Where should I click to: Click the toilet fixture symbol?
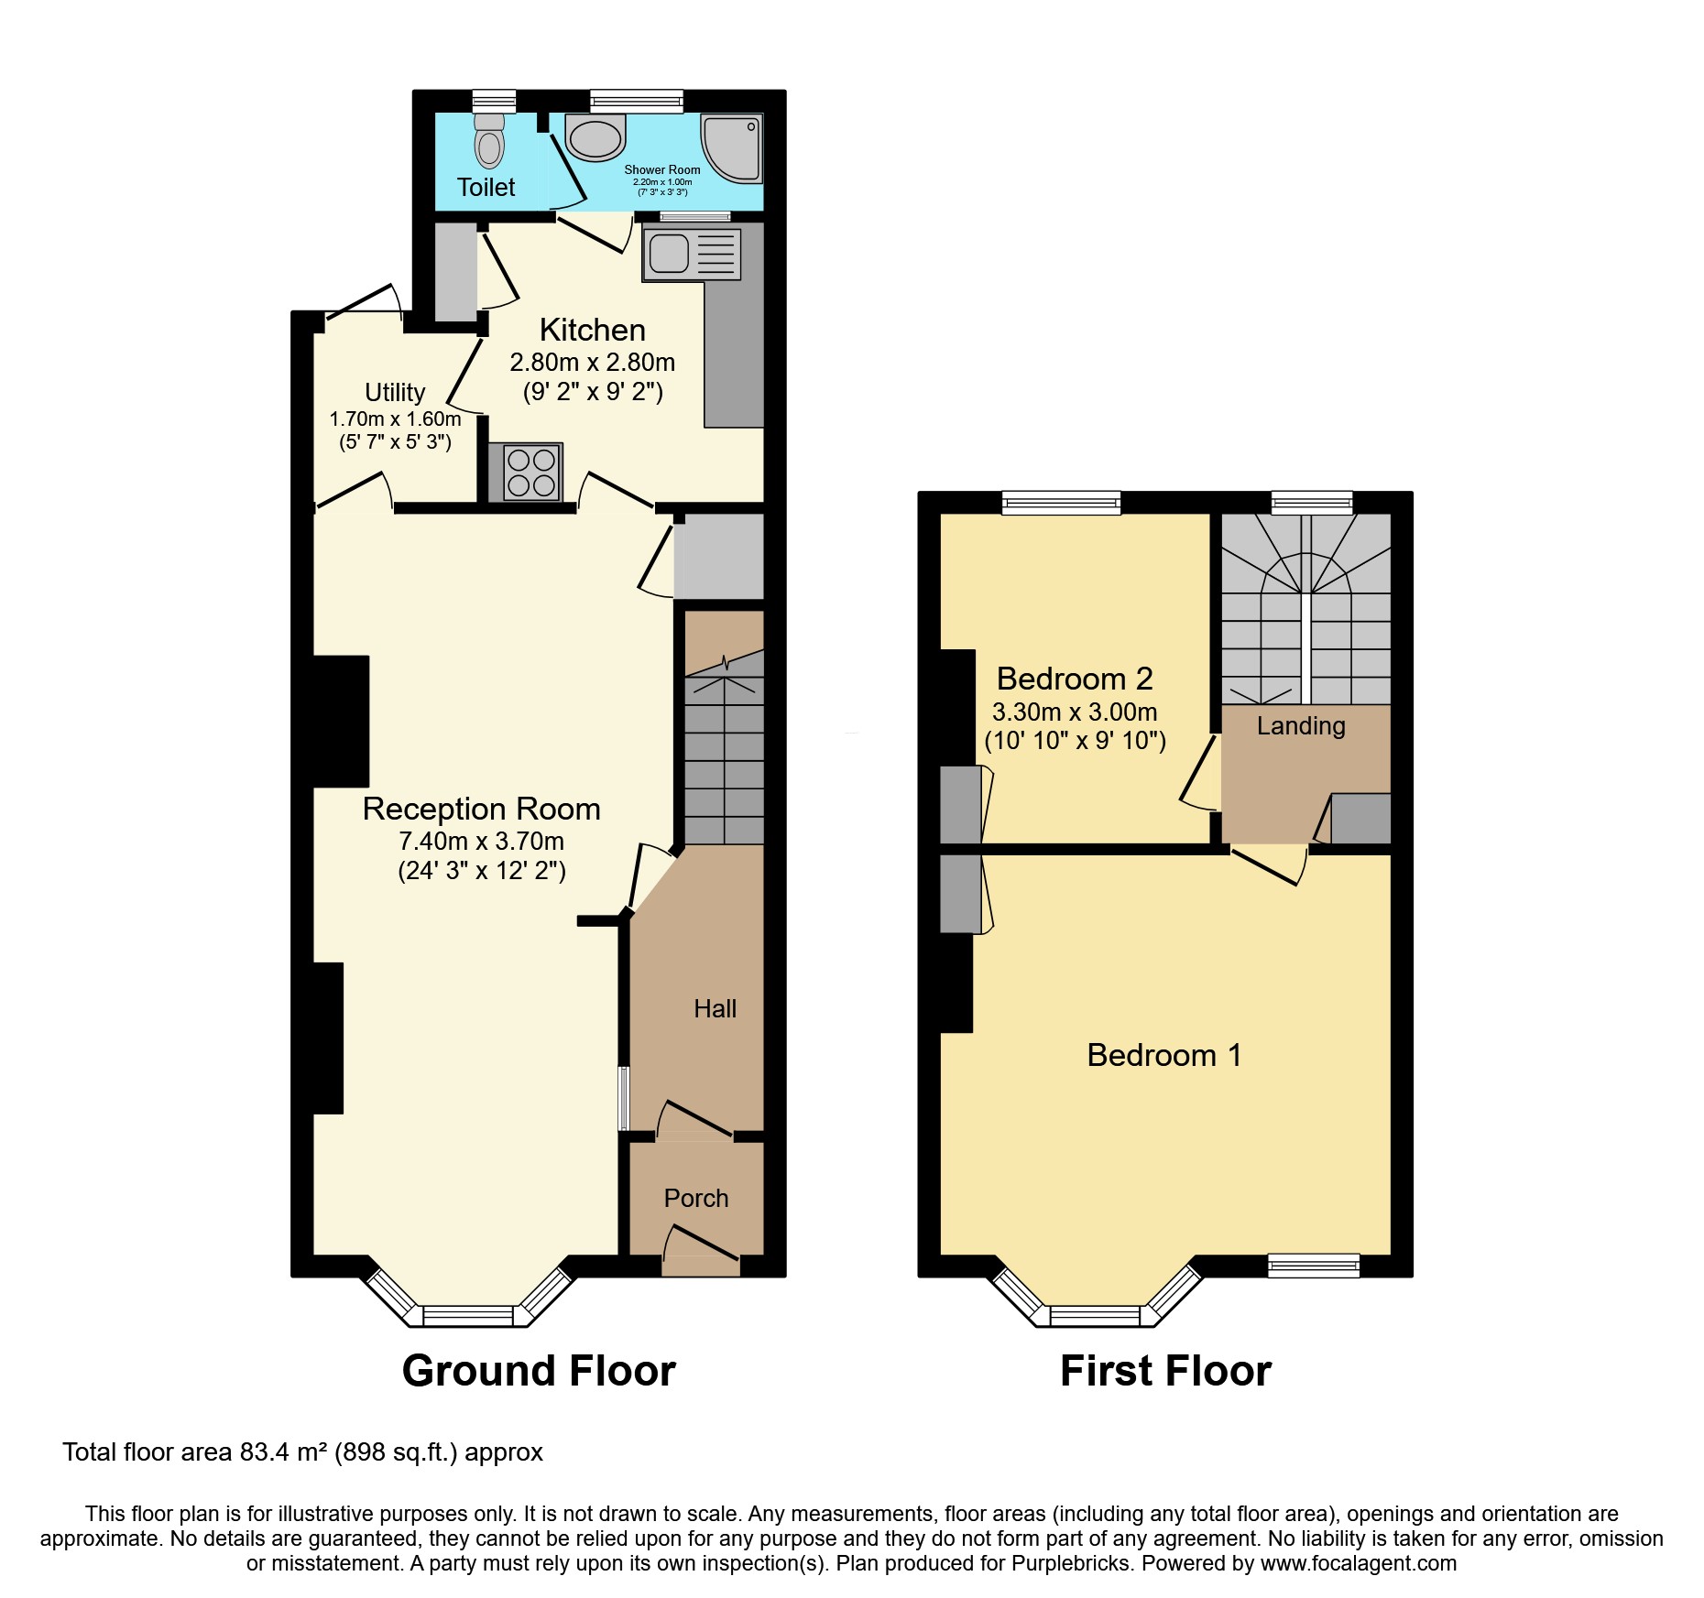[x=489, y=142]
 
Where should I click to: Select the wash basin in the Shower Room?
[x=595, y=138]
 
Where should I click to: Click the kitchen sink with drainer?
[x=691, y=254]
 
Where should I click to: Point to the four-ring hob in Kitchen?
[x=531, y=472]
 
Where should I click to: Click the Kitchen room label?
[x=592, y=330]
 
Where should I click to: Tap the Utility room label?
[x=395, y=392]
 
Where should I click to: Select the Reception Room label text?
[x=481, y=809]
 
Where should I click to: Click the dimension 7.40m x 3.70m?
[x=481, y=841]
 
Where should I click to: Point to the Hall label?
[x=715, y=1008]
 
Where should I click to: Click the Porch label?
[x=696, y=1198]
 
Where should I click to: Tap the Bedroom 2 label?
[x=1074, y=679]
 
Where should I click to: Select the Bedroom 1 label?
[x=1163, y=1055]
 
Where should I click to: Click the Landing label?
[x=1300, y=725]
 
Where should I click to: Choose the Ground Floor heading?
[x=539, y=1371]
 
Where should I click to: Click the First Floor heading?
[x=1165, y=1371]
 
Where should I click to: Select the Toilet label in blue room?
[x=486, y=187]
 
